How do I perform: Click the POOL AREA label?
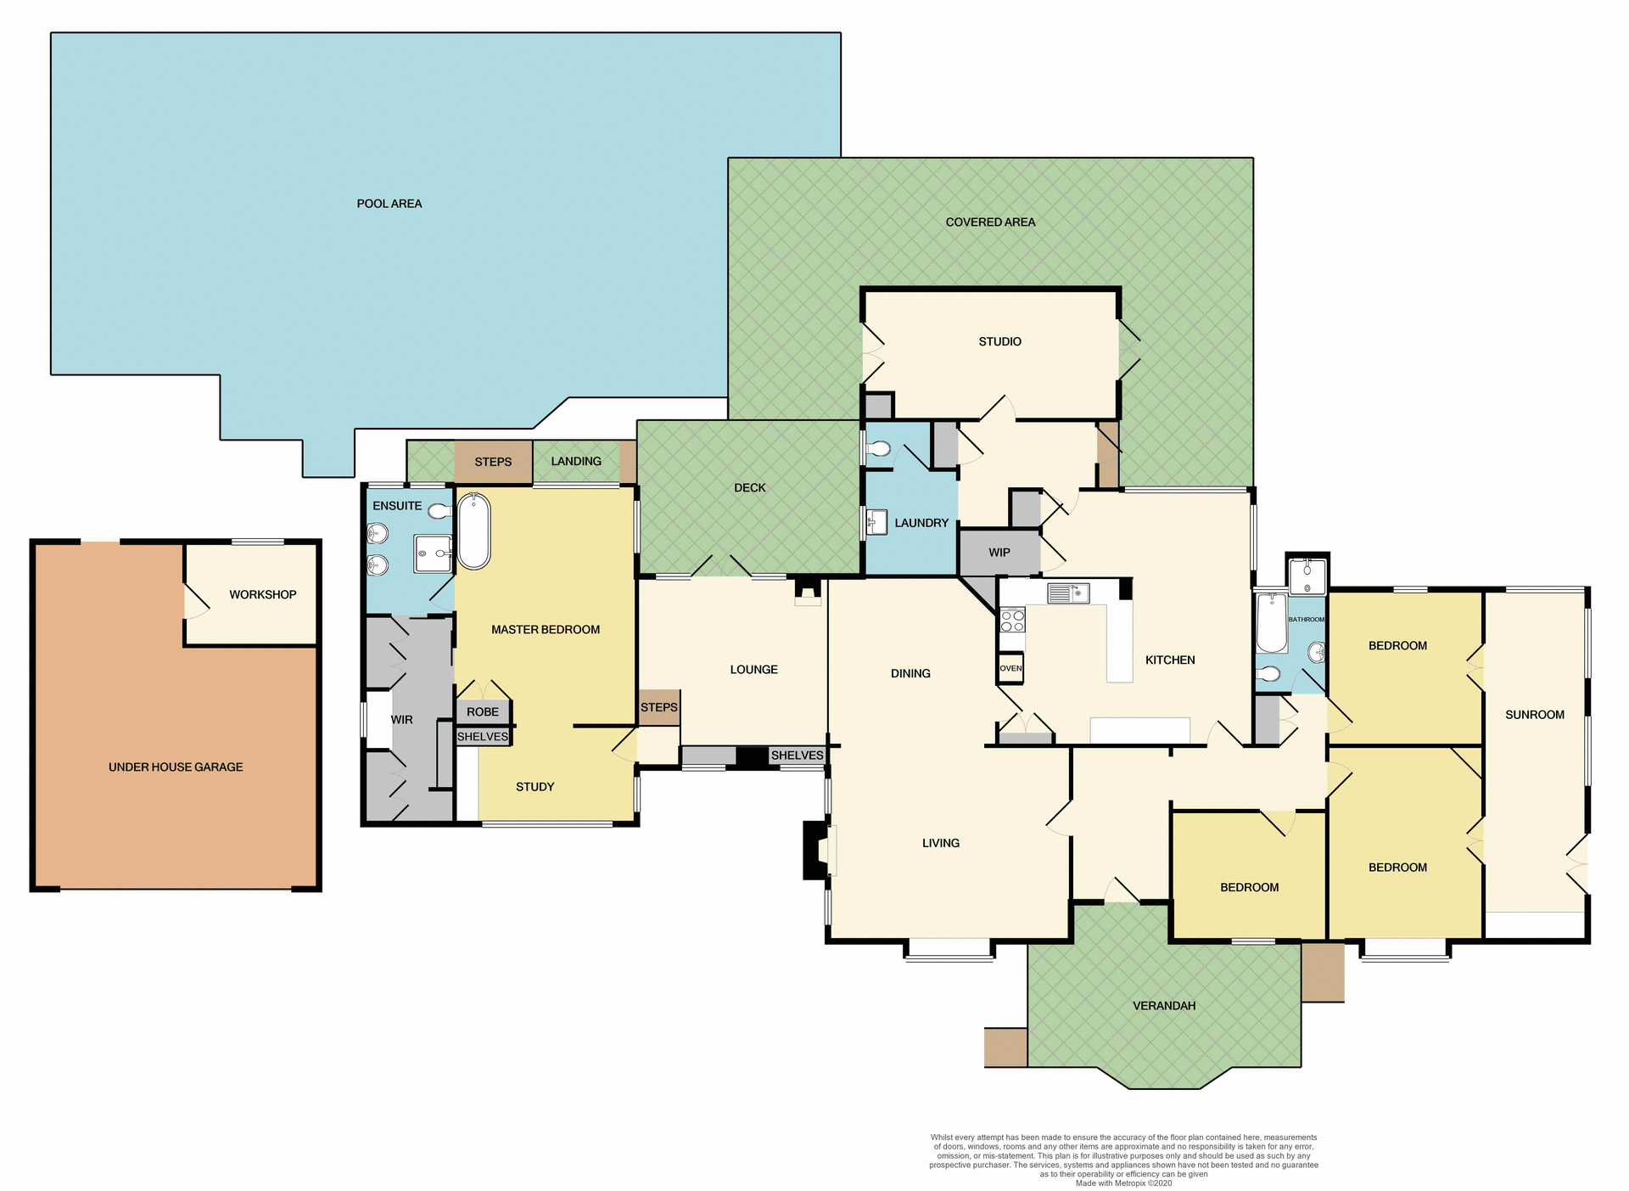(x=389, y=204)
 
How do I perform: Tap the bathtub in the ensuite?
(x=473, y=531)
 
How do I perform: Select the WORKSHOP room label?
(x=262, y=594)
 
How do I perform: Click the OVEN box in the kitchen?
(x=1010, y=668)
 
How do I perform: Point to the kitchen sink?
(x=1068, y=593)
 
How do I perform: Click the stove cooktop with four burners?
(x=1012, y=620)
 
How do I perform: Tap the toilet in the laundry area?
(x=879, y=448)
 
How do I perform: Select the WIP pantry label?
(x=999, y=553)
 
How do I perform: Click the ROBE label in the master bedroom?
(x=483, y=712)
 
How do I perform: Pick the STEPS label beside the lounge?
(x=658, y=707)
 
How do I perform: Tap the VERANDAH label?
(x=1164, y=1006)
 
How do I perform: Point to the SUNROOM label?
(x=1534, y=715)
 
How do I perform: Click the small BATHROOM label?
(x=1306, y=620)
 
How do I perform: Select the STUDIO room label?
(x=999, y=341)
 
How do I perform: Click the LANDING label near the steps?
(x=575, y=461)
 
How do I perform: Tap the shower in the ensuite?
(x=433, y=554)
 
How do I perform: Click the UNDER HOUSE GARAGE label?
(x=176, y=767)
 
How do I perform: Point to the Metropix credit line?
(x=1123, y=1183)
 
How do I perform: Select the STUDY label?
(x=535, y=787)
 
